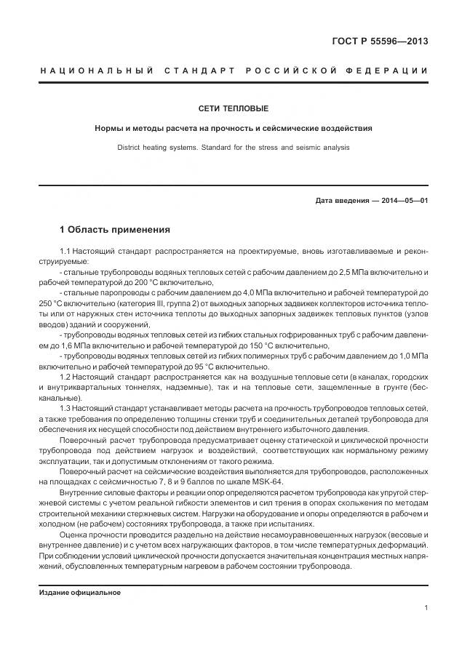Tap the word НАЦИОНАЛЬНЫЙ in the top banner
(x=95, y=71)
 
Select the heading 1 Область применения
(x=115, y=230)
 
